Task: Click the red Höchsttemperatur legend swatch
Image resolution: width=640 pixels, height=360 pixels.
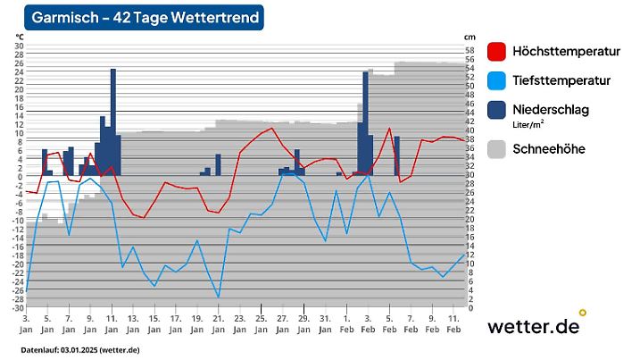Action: (x=498, y=52)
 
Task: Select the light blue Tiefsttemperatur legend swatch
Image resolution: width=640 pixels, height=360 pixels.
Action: (x=498, y=81)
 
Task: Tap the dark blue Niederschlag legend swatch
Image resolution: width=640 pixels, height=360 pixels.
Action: (x=498, y=110)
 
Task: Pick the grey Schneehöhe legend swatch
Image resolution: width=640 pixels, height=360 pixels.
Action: (x=498, y=149)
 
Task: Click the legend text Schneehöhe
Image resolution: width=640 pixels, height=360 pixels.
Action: (x=549, y=149)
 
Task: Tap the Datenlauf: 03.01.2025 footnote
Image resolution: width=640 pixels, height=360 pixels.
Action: (x=80, y=349)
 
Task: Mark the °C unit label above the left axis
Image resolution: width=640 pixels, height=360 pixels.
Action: (x=20, y=36)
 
